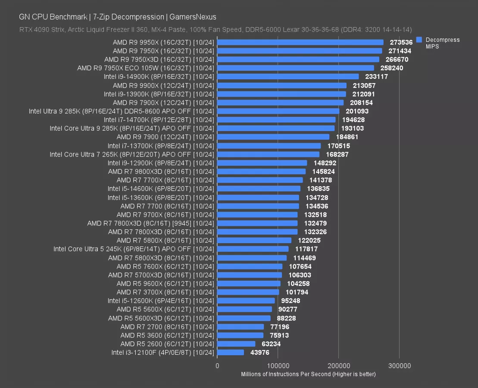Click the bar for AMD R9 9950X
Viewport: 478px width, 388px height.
coord(300,42)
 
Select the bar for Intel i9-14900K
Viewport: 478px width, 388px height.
coord(288,77)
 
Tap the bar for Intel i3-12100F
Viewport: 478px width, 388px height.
coord(231,353)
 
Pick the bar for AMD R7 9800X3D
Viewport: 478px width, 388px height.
coord(261,172)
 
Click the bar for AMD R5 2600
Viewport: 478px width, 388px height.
coord(236,344)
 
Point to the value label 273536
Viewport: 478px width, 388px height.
coord(401,42)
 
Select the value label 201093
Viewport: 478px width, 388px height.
coord(356,111)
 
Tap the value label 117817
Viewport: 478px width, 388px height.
coord(306,249)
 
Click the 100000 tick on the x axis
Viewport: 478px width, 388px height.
coord(278,366)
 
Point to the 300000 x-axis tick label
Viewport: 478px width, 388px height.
coord(399,366)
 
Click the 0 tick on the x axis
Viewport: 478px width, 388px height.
coord(217,366)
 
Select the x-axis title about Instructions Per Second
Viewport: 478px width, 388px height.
coord(308,374)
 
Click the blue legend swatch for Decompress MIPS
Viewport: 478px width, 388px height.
coord(419,40)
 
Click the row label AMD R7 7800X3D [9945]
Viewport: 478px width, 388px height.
coord(150,223)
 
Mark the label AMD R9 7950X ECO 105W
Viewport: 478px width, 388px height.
coord(145,68)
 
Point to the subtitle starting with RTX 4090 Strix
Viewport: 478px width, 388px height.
coord(216,29)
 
